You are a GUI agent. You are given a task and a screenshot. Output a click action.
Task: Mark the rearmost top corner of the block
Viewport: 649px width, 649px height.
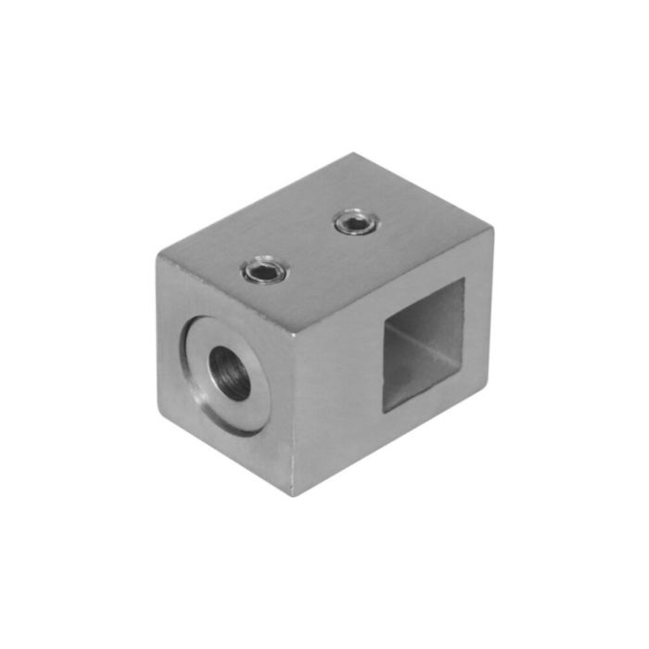[356, 154]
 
